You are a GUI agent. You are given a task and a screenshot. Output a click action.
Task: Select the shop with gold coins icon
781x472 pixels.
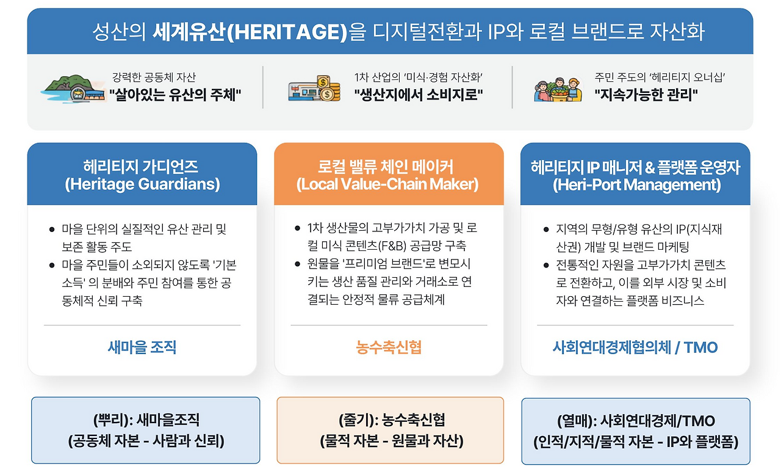pyautogui.click(x=315, y=88)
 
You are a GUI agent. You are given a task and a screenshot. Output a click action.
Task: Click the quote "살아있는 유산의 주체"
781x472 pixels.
pyautogui.click(x=176, y=95)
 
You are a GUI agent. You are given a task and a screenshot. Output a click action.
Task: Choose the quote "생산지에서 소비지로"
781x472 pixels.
pyautogui.click(x=419, y=95)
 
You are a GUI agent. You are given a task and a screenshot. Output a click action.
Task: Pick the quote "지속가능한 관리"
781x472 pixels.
pyautogui.click(x=646, y=95)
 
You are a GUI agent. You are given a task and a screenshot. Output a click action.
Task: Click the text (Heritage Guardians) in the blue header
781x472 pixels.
pyautogui.click(x=142, y=184)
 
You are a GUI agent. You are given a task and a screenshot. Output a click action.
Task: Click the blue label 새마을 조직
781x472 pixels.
pyautogui.click(x=142, y=347)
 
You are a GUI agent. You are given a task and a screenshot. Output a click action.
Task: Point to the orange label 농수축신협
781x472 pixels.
pyautogui.click(x=389, y=347)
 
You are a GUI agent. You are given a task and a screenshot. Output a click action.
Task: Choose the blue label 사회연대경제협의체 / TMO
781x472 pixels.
pyautogui.click(x=635, y=347)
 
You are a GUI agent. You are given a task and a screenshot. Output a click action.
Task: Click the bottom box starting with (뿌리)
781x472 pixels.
pyautogui.click(x=146, y=430)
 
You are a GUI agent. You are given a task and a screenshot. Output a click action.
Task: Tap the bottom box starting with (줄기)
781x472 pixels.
pyautogui.click(x=390, y=430)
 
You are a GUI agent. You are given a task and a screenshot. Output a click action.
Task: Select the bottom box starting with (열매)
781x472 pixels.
pyautogui.click(x=636, y=430)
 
